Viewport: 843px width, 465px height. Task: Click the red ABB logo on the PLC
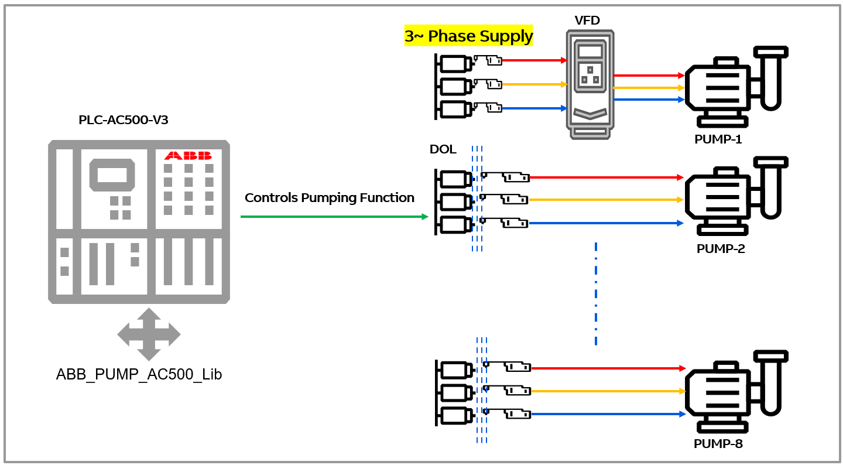188,156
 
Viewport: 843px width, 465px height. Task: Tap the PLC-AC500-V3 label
123,119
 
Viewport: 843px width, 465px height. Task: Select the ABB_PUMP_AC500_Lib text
139,374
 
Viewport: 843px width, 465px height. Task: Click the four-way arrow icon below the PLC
149,334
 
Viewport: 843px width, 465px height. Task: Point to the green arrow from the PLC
334,217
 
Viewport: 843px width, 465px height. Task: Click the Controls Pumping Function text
329,198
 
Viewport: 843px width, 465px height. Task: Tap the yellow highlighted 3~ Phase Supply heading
468,36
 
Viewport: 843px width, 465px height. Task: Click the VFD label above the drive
587,20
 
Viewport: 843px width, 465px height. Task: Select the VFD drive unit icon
590,85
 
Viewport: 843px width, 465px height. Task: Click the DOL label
443,149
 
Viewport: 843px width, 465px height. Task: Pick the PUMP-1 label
718,139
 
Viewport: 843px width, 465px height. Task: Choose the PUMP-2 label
721,248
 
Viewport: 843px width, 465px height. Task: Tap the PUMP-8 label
718,443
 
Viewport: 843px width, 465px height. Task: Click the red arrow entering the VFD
534,60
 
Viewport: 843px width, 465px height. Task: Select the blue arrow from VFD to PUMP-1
649,100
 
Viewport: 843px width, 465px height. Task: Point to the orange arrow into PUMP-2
606,200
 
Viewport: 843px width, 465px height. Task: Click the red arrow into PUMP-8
608,368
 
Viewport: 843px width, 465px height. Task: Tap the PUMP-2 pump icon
736,196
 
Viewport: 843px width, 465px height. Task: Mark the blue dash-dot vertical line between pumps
596,293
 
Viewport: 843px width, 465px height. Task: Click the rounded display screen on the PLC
112,175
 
